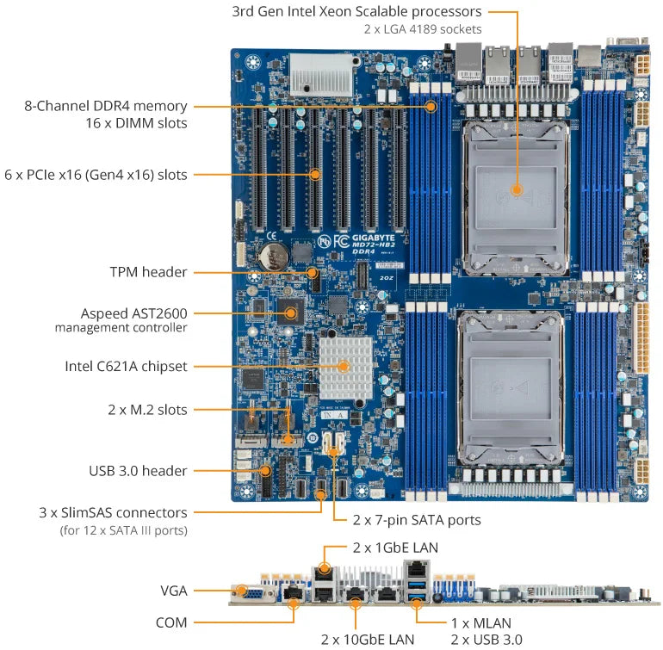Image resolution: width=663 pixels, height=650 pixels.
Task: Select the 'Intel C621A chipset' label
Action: [x=126, y=366]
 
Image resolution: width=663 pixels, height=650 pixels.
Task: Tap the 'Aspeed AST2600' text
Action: [x=133, y=313]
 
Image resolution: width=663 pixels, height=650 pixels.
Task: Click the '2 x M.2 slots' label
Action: [x=147, y=410]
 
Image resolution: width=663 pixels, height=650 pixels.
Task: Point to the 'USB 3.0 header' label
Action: [x=138, y=471]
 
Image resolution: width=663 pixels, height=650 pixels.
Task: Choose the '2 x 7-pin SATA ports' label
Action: [x=417, y=520]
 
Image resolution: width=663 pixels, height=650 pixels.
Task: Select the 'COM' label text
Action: [x=170, y=622]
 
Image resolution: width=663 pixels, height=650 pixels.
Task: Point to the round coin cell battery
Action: [x=275, y=254]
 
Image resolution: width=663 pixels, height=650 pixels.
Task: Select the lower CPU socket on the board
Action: [x=513, y=382]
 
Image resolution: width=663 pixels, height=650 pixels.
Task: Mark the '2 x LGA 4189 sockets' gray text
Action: [x=423, y=29]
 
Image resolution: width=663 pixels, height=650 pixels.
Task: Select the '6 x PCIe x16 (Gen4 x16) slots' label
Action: [x=96, y=175]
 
